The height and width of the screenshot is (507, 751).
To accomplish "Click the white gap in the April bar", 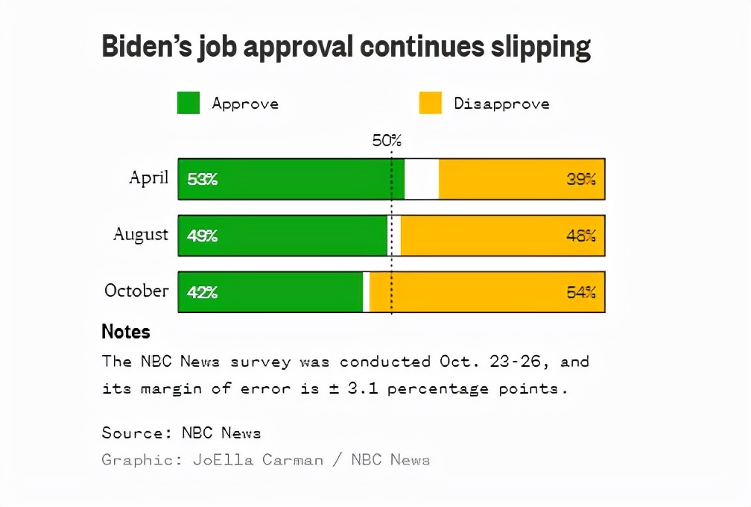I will [x=422, y=179].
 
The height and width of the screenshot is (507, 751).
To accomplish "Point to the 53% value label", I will [x=202, y=179].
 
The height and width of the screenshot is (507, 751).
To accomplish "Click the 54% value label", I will [x=581, y=292].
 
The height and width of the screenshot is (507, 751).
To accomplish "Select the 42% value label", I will [x=202, y=292].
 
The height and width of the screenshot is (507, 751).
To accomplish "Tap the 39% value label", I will [x=581, y=179].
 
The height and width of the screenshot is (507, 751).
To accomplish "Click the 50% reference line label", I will [x=387, y=141].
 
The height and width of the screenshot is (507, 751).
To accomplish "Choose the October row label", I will [x=136, y=291].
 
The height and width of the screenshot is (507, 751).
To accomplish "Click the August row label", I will [x=141, y=235].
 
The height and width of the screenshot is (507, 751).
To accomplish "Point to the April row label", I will [x=149, y=178].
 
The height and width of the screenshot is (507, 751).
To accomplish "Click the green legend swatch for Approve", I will [x=188, y=103].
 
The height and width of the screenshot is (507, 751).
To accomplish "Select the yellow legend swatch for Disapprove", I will [x=430, y=103].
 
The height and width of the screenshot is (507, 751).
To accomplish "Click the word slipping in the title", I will [x=542, y=47].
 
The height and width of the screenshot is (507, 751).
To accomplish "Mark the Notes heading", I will [x=126, y=331].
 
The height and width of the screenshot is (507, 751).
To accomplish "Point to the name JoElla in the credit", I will [x=219, y=459].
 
